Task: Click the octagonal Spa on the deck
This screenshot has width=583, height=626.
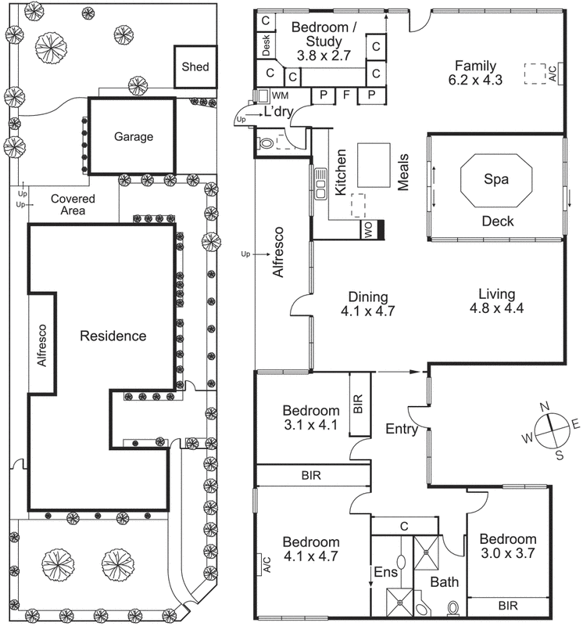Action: (496, 180)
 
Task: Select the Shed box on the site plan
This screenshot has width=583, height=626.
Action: (195, 67)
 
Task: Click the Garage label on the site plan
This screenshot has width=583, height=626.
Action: (134, 136)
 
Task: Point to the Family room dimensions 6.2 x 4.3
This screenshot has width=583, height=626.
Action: (476, 81)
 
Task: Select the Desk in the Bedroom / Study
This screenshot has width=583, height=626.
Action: (265, 45)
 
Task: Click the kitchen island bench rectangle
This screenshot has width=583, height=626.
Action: (374, 164)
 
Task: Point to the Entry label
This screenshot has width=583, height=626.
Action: (402, 429)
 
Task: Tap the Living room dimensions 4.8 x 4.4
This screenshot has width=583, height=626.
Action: (496, 308)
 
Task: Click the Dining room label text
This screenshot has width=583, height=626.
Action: (367, 297)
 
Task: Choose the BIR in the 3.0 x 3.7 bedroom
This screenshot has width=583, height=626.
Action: (508, 606)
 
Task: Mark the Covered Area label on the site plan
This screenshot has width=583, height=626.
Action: (73, 205)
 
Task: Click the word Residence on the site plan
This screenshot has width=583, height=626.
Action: (113, 336)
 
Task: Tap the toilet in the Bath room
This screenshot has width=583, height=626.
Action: (452, 607)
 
